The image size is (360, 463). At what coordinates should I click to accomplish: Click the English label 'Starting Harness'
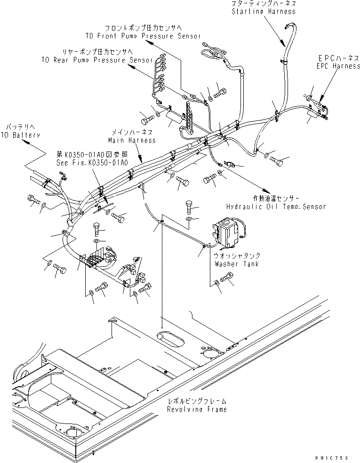[264, 11]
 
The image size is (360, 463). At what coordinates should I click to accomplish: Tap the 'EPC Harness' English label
[338, 66]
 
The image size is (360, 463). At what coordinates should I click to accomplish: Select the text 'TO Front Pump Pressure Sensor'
[143, 36]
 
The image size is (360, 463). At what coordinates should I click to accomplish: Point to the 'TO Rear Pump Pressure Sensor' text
[96, 60]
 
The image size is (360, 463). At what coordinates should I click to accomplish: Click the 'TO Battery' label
[20, 135]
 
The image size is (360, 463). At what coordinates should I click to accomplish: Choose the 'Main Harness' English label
[132, 140]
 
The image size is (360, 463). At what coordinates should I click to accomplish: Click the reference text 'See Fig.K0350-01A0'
[91, 163]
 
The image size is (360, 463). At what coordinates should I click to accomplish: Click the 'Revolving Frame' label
[197, 409]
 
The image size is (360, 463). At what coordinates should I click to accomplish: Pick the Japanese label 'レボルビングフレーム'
[197, 401]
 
